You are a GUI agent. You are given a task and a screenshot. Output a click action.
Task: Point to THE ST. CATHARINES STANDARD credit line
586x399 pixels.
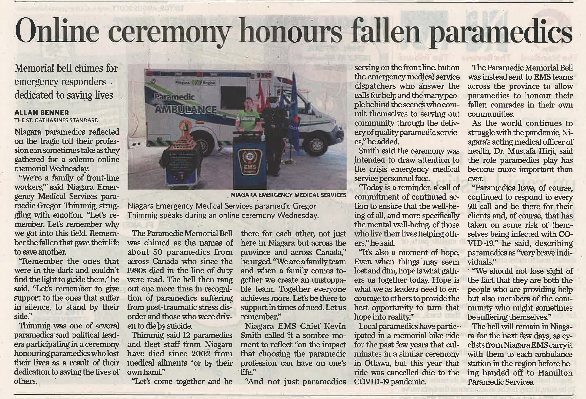tap(56, 120)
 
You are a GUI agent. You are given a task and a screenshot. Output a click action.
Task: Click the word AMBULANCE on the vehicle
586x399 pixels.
tap(186, 109)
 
